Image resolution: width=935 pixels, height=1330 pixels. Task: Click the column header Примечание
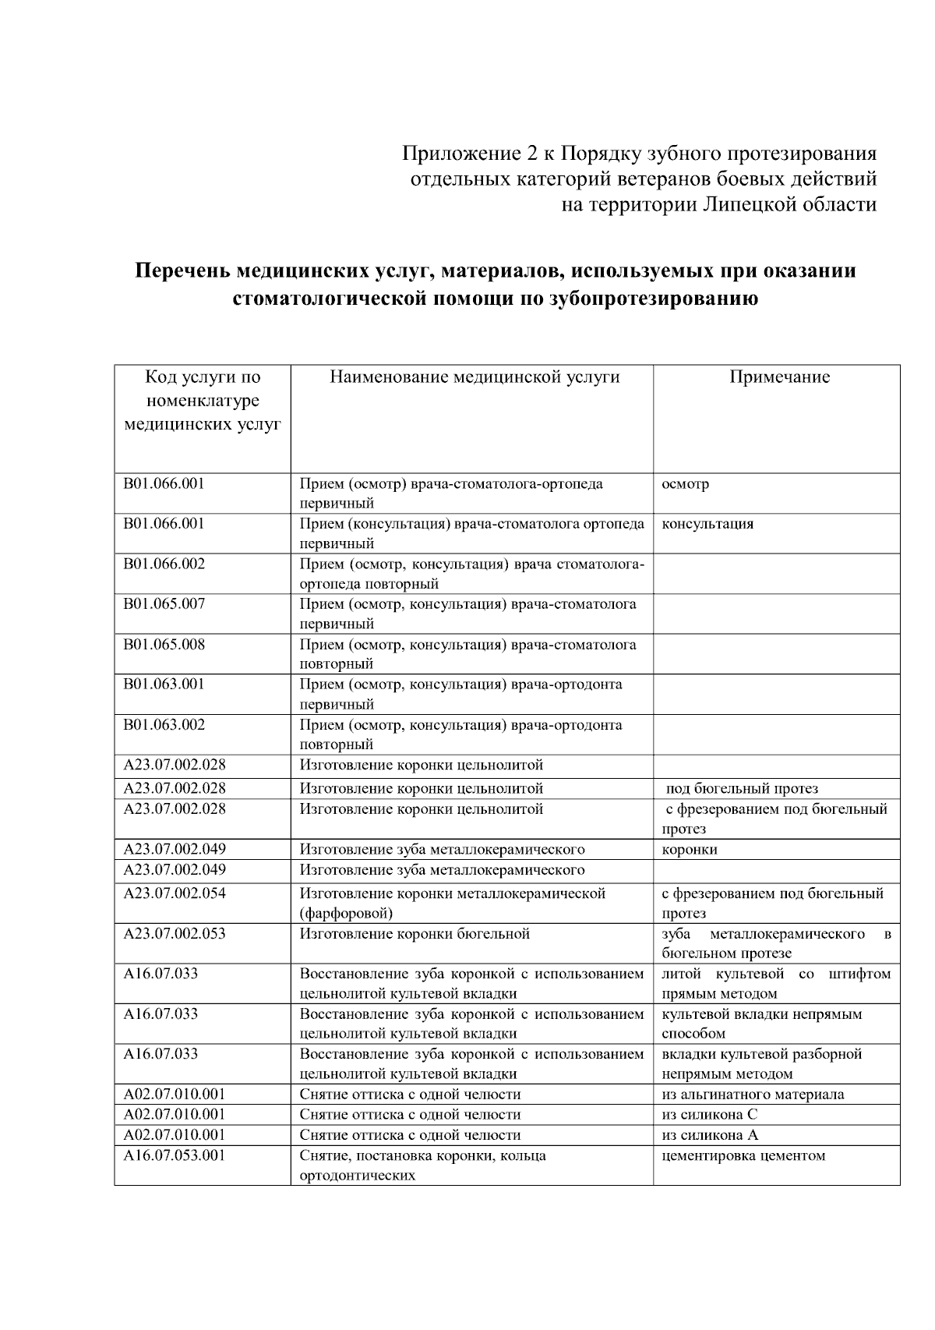pos(779,377)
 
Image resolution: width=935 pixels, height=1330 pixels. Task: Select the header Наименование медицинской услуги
pos(475,377)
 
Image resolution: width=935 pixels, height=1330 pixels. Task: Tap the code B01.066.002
pos(164,564)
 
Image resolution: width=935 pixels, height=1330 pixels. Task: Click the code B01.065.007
pos(164,603)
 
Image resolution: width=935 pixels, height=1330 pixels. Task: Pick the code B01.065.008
pos(164,644)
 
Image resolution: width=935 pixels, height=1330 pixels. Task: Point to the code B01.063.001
pos(164,684)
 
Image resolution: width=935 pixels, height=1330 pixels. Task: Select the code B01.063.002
pos(164,724)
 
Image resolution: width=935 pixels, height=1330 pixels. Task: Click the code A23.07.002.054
pos(175,893)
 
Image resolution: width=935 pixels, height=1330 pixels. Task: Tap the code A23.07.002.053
pos(175,933)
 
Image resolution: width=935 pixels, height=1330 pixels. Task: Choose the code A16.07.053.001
pos(175,1155)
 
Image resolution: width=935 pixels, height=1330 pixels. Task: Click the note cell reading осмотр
pos(685,484)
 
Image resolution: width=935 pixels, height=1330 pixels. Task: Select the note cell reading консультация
pos(707,524)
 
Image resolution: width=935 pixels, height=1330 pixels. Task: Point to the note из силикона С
pos(709,1115)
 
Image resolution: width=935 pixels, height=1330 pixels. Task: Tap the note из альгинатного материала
pos(753,1095)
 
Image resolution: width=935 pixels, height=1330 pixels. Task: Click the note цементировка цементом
pos(743,1155)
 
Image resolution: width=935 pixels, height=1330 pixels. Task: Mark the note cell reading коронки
pos(689,850)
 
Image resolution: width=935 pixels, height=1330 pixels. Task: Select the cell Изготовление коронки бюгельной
pos(415,934)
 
